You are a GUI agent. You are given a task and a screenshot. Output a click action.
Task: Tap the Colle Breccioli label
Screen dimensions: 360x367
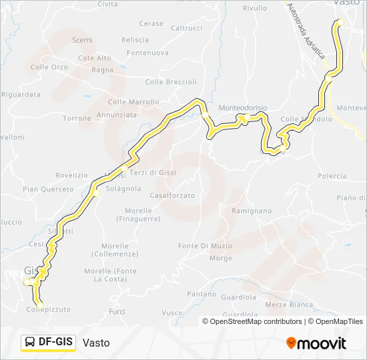click(x=171, y=82)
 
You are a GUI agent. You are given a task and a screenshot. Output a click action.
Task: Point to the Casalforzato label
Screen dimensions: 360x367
click(x=172, y=195)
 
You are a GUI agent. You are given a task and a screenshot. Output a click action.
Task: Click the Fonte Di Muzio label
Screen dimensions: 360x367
click(x=206, y=246)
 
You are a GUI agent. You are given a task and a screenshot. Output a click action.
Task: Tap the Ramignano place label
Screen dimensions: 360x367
click(x=252, y=211)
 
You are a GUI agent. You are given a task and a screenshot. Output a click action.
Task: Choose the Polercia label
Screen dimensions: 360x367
click(x=332, y=176)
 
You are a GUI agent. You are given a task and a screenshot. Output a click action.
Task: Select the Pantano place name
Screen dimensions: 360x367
click(x=202, y=294)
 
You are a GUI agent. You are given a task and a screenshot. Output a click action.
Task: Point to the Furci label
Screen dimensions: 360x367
click(x=117, y=311)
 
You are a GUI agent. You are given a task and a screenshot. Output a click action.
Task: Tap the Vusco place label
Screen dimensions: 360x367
click(x=172, y=313)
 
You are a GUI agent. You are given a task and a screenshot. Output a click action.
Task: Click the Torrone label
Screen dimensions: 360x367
click(x=77, y=118)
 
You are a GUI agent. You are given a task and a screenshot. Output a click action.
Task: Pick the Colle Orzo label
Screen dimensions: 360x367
click(x=49, y=67)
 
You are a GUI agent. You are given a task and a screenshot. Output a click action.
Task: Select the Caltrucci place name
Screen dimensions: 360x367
click(x=186, y=28)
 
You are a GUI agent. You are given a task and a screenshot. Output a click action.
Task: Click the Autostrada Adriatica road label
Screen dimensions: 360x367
click(x=306, y=33)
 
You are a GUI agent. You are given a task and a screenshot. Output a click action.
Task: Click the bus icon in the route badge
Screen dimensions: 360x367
click(x=30, y=342)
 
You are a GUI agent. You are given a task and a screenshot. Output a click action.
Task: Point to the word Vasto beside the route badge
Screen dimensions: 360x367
click(x=96, y=343)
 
